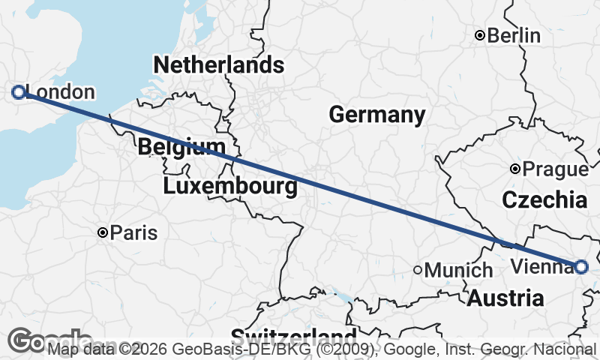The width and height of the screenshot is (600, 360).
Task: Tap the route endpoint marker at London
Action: pyautogui.click(x=19, y=92)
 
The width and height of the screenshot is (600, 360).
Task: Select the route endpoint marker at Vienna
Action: pyautogui.click(x=581, y=266)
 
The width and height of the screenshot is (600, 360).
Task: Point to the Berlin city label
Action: pyautogui.click(x=514, y=35)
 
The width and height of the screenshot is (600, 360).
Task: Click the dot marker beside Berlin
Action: pyautogui.click(x=481, y=35)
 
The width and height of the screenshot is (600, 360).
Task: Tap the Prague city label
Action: pyautogui.click(x=556, y=169)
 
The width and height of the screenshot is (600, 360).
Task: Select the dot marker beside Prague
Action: pyautogui.click(x=515, y=169)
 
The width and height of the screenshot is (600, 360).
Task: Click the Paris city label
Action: pyautogui.click(x=134, y=232)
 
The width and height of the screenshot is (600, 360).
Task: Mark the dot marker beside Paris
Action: pyautogui.click(x=103, y=232)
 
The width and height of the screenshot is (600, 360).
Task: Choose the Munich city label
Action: pyautogui.click(x=458, y=270)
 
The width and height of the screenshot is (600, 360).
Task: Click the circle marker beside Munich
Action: pyautogui.click(x=418, y=270)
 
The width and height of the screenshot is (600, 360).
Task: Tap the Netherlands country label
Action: pyautogui.click(x=218, y=65)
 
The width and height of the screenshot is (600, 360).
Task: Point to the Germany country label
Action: pyautogui.click(x=376, y=115)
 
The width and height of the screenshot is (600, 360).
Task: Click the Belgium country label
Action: pyautogui.click(x=181, y=147)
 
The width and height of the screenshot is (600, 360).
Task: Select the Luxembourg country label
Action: pyautogui.click(x=229, y=185)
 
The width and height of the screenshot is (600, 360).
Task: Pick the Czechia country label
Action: pyautogui.click(x=544, y=200)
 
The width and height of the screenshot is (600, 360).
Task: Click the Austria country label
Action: pyautogui.click(x=505, y=298)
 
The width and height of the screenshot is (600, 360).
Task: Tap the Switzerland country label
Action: pyautogui.click(x=293, y=336)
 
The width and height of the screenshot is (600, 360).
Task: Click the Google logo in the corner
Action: pyautogui.click(x=30, y=341)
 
